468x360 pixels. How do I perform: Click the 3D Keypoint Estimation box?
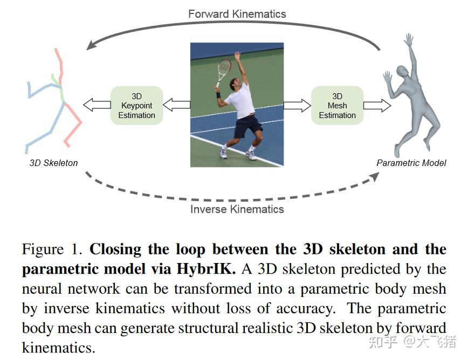coord(136,106)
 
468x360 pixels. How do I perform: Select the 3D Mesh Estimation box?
coord(337,106)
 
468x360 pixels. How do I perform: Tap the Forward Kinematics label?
coord(237,13)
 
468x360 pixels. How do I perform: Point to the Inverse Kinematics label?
coord(237,209)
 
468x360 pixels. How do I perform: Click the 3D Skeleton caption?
coord(53,163)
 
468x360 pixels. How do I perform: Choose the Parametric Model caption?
coord(411,163)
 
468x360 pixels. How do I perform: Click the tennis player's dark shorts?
coord(247,126)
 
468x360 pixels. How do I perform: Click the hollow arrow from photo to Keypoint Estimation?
coord(176,105)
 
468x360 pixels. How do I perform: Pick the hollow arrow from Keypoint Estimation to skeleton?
coord(97,105)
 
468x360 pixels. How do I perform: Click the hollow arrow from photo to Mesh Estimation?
coord(297,105)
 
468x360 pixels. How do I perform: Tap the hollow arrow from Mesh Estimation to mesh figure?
coord(377,105)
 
